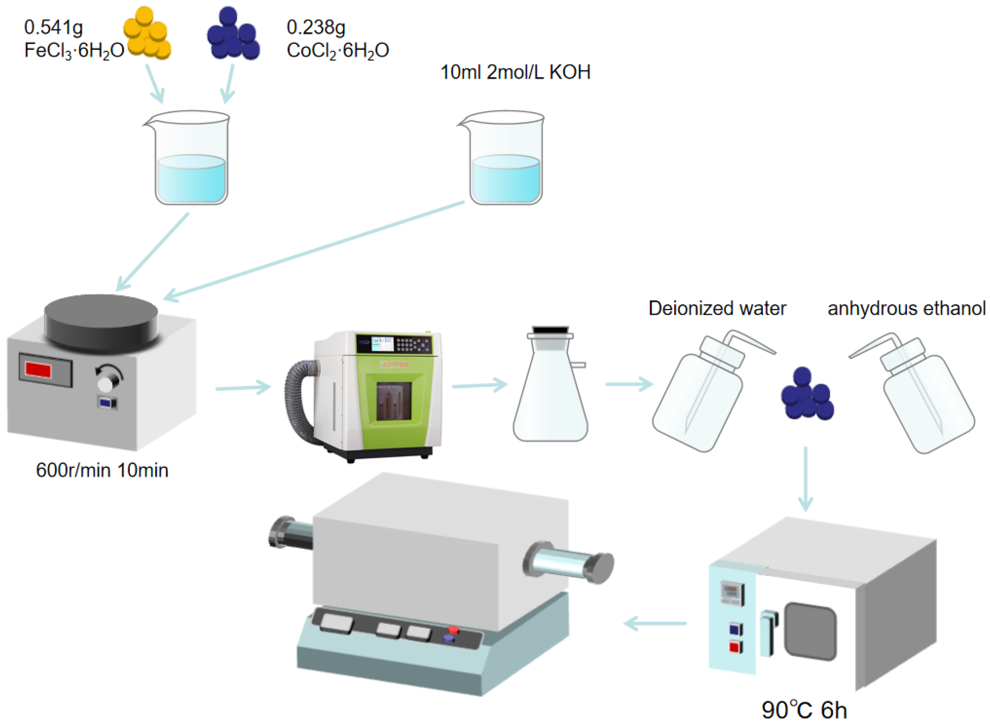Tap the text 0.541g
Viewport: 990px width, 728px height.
pos(53,27)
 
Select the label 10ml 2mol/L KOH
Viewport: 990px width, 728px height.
pos(515,72)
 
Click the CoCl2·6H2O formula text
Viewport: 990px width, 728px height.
pos(338,51)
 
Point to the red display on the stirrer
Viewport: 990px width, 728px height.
pos(38,369)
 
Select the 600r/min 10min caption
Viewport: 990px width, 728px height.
pos(102,470)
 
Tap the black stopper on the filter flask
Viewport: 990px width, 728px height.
pos(550,330)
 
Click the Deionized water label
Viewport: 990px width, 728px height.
pos(717,308)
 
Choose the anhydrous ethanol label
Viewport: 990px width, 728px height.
pos(906,308)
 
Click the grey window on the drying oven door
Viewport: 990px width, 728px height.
pos(810,631)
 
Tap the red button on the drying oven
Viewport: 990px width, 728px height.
pos(734,647)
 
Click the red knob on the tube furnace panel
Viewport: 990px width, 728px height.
pos(453,630)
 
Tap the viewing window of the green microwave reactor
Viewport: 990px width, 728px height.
pos(394,401)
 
